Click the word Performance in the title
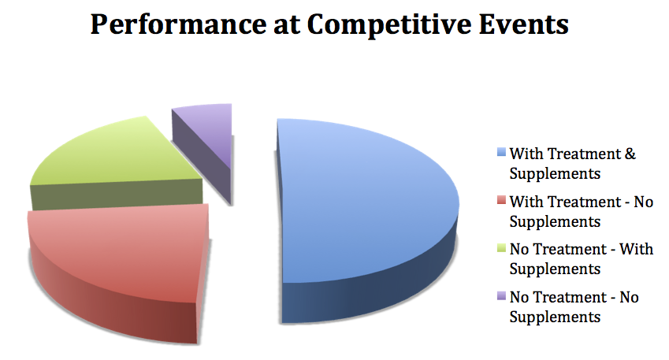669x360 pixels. point(178,24)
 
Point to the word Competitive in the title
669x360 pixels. point(388,24)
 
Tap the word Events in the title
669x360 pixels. point(523,24)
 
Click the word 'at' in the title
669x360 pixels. point(287,25)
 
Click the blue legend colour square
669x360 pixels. point(501,152)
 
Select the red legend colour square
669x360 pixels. point(501,200)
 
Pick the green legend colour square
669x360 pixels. point(501,247)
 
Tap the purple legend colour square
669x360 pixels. point(501,295)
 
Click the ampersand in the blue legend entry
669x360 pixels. point(630,154)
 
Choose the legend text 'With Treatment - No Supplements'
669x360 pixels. point(581,212)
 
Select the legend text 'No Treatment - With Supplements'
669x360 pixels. point(581,259)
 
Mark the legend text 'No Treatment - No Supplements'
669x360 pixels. point(574,307)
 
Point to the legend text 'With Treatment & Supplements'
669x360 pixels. point(573,163)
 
